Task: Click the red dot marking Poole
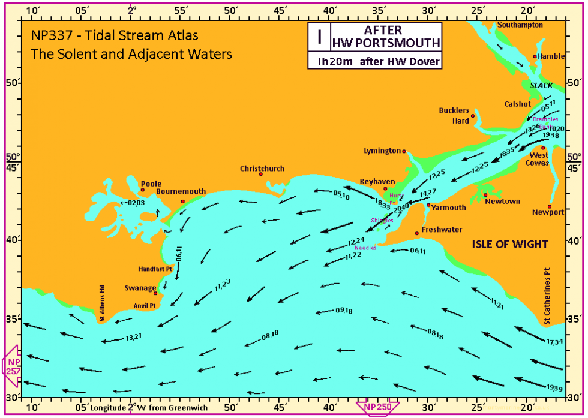tap(142, 190)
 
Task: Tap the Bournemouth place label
tap(181, 191)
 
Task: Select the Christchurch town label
tap(262, 169)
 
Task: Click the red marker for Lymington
tap(404, 151)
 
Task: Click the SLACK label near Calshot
tap(541, 86)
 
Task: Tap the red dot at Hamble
tap(535, 56)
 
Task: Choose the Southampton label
tap(520, 25)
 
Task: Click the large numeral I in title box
tap(320, 37)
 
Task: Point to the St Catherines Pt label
tap(547, 297)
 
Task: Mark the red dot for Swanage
tap(155, 293)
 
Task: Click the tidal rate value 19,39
tap(555, 389)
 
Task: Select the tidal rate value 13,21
tap(133, 337)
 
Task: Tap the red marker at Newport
tap(550, 206)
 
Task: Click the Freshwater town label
tap(442, 230)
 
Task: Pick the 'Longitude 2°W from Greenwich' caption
tap(149, 408)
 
